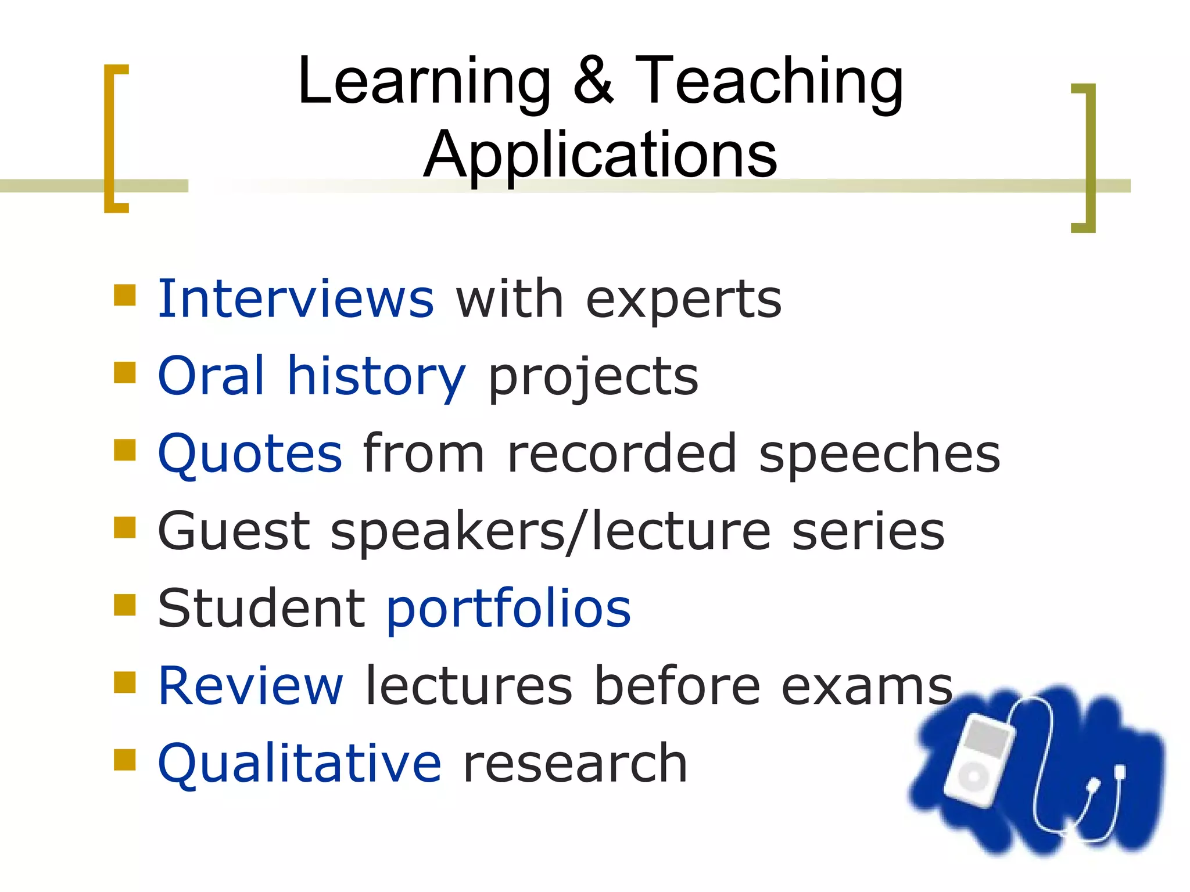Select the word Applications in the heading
(600, 154)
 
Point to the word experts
(683, 301)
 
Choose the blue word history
(377, 377)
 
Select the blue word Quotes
(250, 454)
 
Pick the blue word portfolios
(508, 610)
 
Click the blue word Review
(250, 686)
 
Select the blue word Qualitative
(299, 764)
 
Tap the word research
(575, 764)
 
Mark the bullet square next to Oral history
(125, 373)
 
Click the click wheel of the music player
(973, 777)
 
